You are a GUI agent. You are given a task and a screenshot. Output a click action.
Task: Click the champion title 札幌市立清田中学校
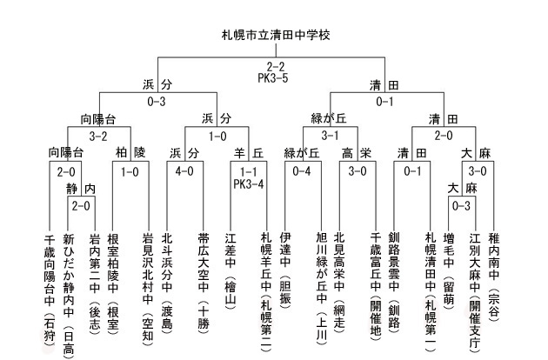(276, 35)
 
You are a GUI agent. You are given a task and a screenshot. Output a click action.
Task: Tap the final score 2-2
(276, 66)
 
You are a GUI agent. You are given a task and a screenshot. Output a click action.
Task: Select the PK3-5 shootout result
(273, 78)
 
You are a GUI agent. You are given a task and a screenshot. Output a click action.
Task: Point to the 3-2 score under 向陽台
(98, 136)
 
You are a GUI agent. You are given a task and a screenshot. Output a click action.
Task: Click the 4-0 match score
(184, 171)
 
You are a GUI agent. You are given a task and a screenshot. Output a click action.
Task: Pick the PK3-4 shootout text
(249, 183)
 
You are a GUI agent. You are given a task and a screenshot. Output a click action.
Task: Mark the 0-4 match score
(302, 171)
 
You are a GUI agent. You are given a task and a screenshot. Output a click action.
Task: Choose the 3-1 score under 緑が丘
(330, 136)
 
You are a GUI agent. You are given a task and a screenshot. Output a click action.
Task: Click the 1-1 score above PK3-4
(249, 171)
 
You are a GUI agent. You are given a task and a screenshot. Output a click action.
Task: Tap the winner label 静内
(81, 189)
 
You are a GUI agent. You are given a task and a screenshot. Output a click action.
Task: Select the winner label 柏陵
(130, 153)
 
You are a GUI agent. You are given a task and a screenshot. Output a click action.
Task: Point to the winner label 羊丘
(249, 153)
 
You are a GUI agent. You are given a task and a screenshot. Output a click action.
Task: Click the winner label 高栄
(357, 153)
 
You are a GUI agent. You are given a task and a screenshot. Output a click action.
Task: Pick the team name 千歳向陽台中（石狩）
(50, 290)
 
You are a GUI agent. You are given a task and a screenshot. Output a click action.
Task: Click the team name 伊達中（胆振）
(285, 270)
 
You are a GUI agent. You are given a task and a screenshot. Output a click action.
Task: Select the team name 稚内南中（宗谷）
(494, 277)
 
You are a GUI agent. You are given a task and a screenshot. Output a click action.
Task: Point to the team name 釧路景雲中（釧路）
(394, 281)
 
